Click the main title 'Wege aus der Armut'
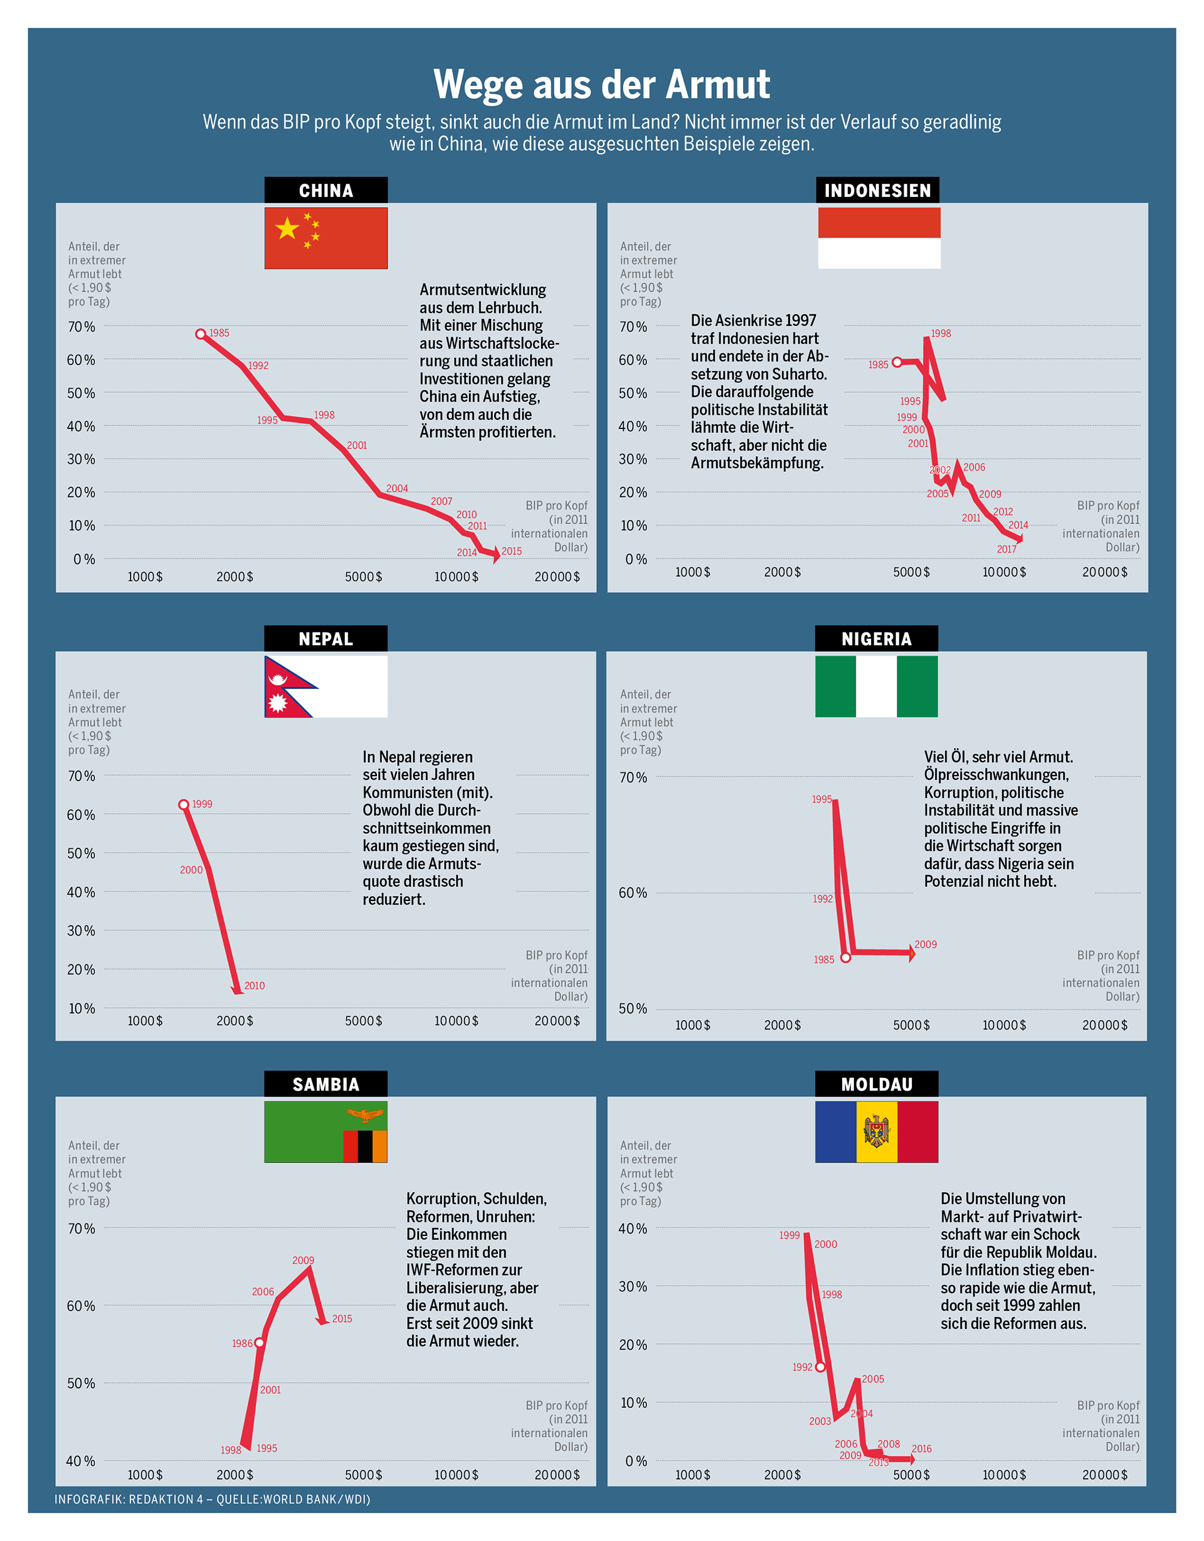pos(601,85)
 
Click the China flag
pos(326,238)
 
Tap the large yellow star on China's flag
pos(287,228)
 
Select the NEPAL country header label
pos(325,639)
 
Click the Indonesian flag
pos(879,238)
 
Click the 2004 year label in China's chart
pos(397,488)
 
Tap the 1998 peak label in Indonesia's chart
pos(941,333)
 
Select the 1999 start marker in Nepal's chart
pos(183,804)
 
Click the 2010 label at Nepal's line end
pos(255,986)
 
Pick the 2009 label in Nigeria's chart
pos(926,944)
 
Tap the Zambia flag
pos(326,1132)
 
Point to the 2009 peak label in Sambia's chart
pos(304,1260)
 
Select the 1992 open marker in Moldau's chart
pos(820,1367)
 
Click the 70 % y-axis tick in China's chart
pos(81,327)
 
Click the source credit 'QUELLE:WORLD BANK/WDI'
pos(293,1500)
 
